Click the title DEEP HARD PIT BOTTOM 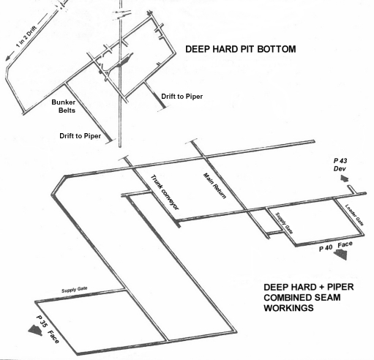click(x=241, y=49)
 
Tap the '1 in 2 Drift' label click(x=26, y=37)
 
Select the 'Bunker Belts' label click(x=64, y=106)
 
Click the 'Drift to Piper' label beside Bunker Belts click(x=81, y=136)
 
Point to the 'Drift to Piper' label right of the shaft click(x=182, y=97)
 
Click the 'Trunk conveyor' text click(x=165, y=192)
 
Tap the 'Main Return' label click(x=214, y=186)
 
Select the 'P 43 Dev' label click(x=340, y=165)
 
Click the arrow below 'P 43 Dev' click(x=345, y=179)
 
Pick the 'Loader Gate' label click(x=354, y=215)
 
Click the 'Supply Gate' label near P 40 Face click(x=284, y=223)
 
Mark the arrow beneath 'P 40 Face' click(x=340, y=255)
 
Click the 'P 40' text click(x=326, y=248)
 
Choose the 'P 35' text click(x=41, y=321)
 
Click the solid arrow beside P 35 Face click(x=35, y=330)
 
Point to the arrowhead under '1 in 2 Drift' click(x=9, y=58)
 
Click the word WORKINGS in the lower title click(x=288, y=308)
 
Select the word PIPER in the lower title click(x=340, y=287)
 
